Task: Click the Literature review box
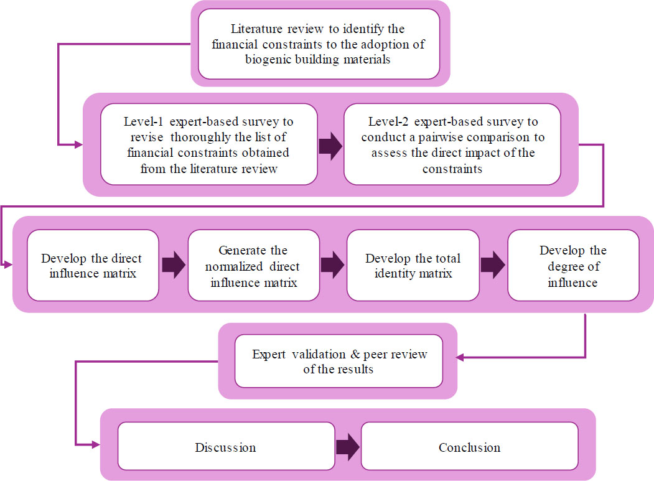click(319, 44)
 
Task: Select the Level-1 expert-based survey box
click(209, 144)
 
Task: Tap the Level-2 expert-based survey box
click(452, 144)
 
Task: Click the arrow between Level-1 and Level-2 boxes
click(331, 146)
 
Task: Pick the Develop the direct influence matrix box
click(93, 265)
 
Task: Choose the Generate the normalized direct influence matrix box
click(254, 265)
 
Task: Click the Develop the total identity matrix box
click(413, 265)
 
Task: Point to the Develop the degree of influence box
click(573, 265)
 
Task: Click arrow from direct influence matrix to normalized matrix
click(174, 264)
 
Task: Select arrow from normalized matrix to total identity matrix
click(333, 264)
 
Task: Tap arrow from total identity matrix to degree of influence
click(493, 264)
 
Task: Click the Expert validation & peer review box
click(339, 362)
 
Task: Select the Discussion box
click(226, 446)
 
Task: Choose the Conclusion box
click(470, 446)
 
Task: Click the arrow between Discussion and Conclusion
click(348, 447)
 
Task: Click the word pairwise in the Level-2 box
click(440, 138)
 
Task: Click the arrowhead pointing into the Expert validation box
click(459, 358)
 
